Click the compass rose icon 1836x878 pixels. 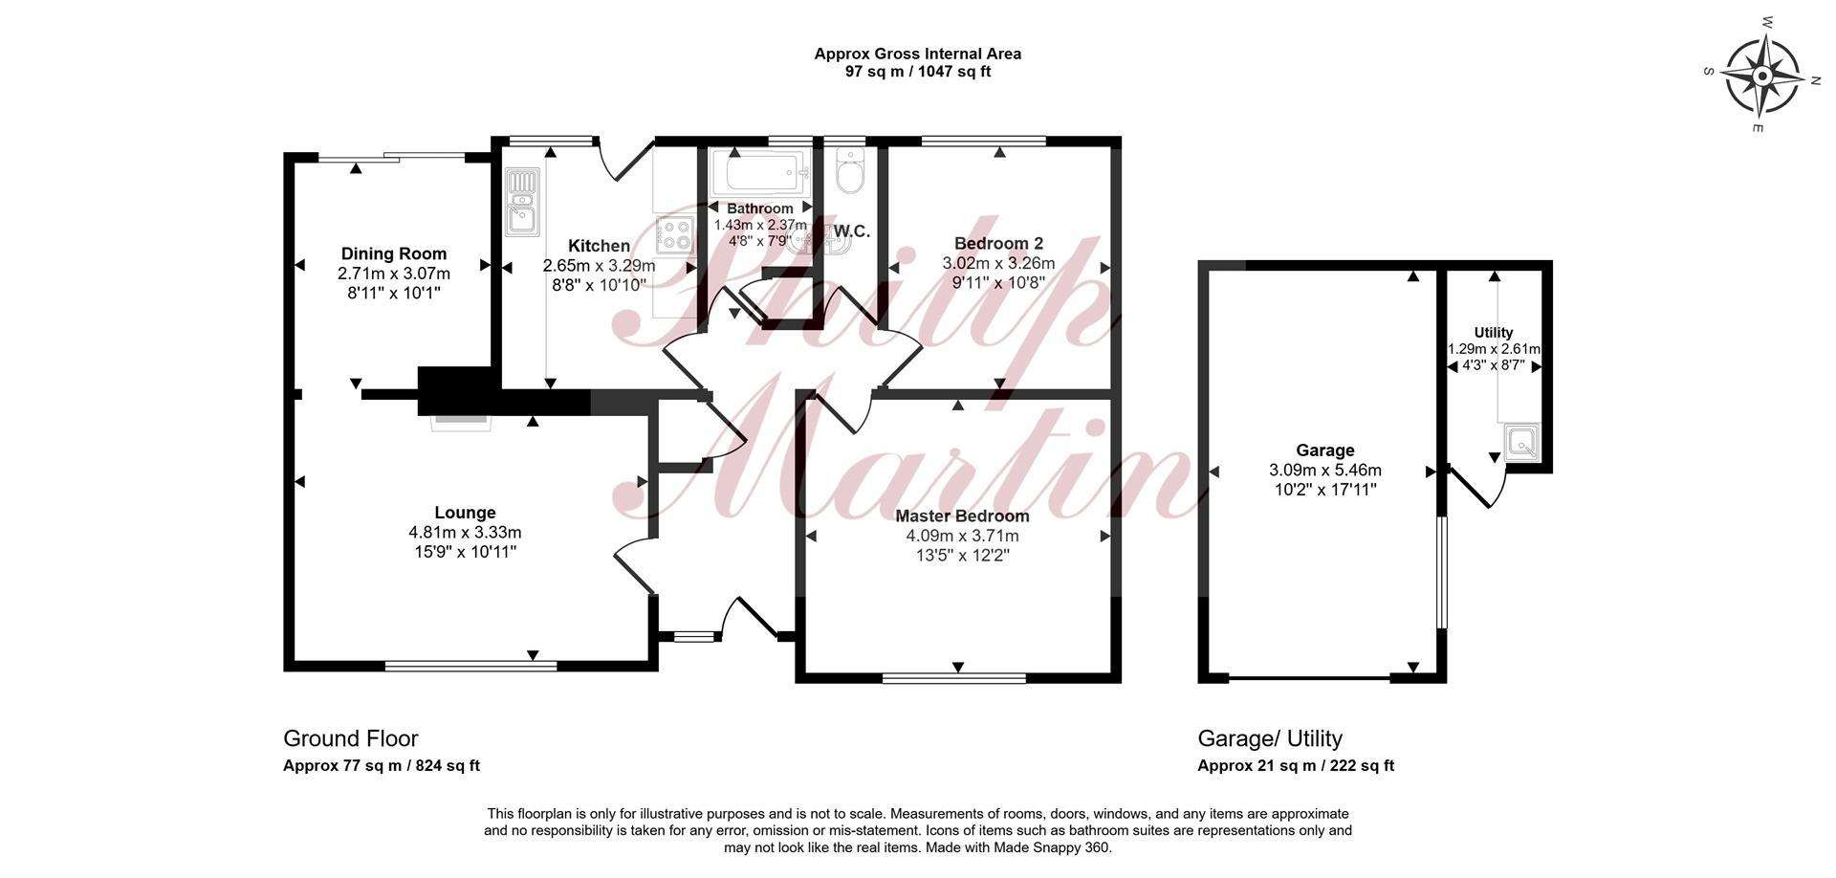(x=1762, y=75)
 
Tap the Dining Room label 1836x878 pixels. (x=394, y=253)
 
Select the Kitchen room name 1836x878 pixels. (x=599, y=246)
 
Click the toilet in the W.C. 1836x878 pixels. (x=848, y=171)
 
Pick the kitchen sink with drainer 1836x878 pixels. (x=522, y=201)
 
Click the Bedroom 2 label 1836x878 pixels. (x=998, y=244)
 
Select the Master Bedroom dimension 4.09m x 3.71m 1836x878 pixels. (x=963, y=536)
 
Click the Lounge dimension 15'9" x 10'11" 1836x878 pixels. (x=465, y=552)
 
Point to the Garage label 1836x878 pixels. (x=1325, y=450)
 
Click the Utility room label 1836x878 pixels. (x=1494, y=333)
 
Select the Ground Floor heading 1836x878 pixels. (x=351, y=738)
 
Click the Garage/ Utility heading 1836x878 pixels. (x=1270, y=738)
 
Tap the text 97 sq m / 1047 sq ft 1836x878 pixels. (x=918, y=72)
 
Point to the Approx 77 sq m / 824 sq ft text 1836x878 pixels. (x=382, y=766)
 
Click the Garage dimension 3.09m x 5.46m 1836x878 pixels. (x=1325, y=471)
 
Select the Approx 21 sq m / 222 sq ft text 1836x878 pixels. (x=1296, y=766)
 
